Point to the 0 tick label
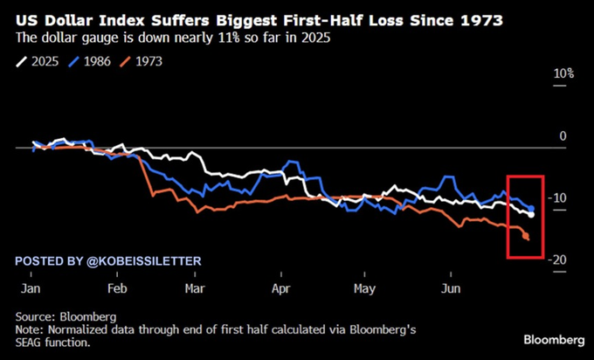coord(563,135)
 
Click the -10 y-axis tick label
coord(560,198)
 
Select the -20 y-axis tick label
coord(560,260)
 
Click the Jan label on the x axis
coord(31,287)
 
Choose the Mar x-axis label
coord(195,287)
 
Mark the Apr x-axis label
coord(280,287)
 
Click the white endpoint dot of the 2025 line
coord(531,214)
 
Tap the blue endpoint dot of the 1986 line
coord(531,207)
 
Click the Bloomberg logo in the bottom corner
coord(554,339)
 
